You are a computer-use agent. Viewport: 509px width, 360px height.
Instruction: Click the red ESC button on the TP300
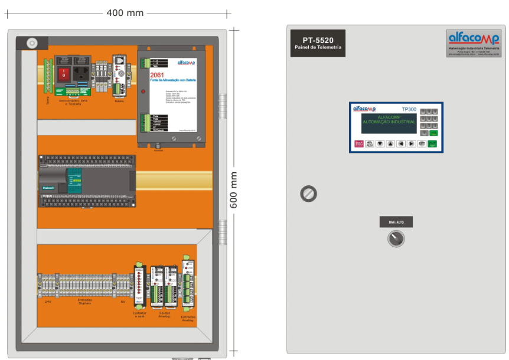[x=359, y=143]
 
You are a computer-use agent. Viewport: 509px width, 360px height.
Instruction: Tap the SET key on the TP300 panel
[x=422, y=143]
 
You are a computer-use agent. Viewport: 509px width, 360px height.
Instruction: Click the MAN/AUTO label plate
[x=396, y=222]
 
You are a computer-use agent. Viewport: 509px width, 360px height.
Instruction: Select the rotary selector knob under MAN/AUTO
[x=396, y=238]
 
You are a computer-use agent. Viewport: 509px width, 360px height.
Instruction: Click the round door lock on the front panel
[x=309, y=194]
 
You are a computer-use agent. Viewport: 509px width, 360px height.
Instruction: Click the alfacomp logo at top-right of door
[x=474, y=40]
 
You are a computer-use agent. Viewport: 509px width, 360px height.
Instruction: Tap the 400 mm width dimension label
[x=125, y=13]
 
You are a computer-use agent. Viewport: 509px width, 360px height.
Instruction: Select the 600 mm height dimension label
[x=234, y=189]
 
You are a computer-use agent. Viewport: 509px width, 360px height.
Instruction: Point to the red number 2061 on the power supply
[x=156, y=75]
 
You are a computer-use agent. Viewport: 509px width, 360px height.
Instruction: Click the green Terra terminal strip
[x=48, y=77]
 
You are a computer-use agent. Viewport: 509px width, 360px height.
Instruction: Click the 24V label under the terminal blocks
[x=48, y=301]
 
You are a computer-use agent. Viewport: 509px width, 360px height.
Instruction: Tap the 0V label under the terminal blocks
[x=123, y=301]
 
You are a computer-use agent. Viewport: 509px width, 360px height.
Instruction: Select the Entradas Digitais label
[x=84, y=301]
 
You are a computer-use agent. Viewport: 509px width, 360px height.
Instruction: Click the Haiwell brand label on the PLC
[x=48, y=188]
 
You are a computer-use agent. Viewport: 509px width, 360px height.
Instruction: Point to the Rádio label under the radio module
[x=119, y=100]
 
